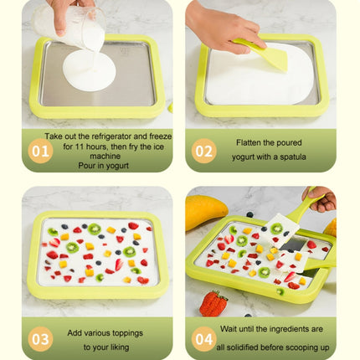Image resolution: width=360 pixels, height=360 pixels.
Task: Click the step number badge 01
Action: [40, 150]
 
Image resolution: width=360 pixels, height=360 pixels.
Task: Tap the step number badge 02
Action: [203, 150]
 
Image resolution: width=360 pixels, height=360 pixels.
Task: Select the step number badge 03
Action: [40, 338]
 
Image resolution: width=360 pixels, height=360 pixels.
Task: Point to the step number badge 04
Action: [203, 338]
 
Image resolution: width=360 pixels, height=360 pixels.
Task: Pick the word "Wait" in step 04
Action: [238, 331]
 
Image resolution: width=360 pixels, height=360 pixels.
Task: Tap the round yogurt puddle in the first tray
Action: [89, 71]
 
